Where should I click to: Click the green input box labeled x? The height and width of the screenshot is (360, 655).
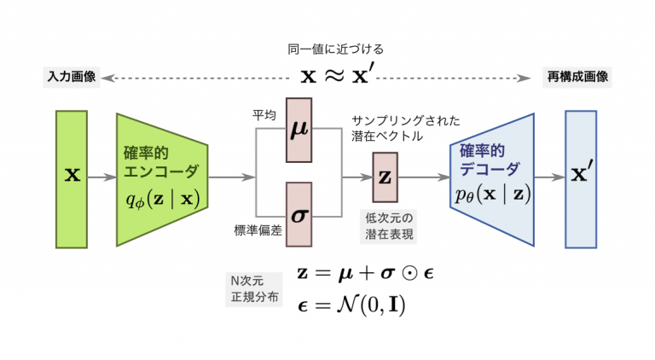72,179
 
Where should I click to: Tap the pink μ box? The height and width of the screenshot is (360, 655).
300,131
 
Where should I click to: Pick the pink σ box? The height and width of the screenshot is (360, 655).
300,214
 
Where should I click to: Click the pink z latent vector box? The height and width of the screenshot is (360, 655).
385,177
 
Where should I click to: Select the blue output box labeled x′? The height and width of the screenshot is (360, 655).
581,179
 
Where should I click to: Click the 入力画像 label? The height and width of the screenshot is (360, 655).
72,78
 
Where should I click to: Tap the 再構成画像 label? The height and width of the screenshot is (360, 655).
577,78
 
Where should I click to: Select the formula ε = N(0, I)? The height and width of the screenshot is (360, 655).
351,305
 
